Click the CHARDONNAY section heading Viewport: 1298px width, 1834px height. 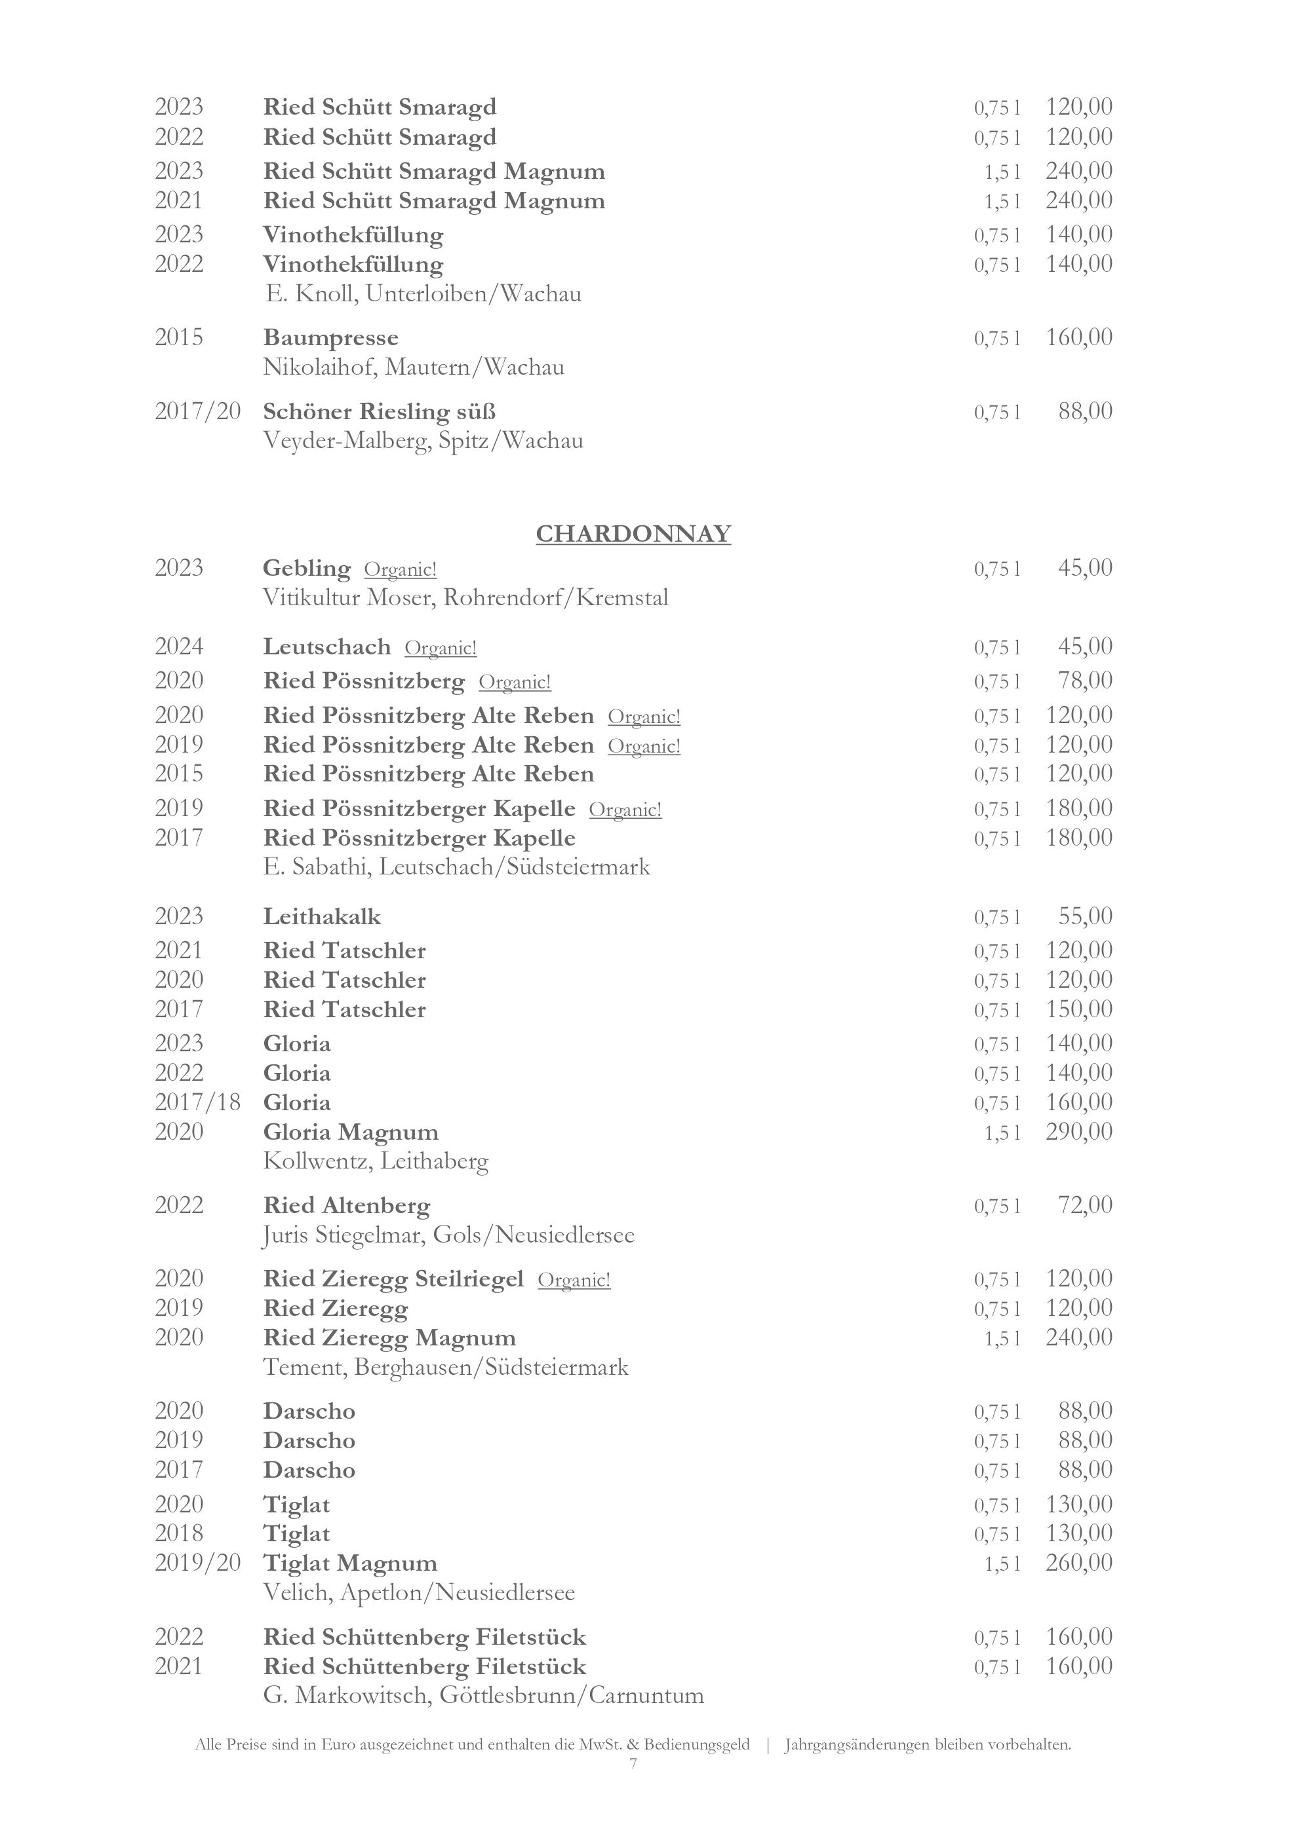click(x=633, y=534)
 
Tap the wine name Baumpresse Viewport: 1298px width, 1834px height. click(x=331, y=338)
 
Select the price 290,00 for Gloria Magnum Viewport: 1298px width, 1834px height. click(x=1078, y=1132)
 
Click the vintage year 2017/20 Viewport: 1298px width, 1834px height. click(x=197, y=411)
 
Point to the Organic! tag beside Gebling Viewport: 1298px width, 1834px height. click(x=401, y=570)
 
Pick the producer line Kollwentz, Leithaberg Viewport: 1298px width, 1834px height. click(x=376, y=1161)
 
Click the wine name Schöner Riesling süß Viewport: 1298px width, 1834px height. click(x=380, y=411)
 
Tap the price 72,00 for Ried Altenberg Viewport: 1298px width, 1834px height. click(x=1084, y=1205)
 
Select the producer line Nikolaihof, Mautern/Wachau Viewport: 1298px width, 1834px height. click(x=414, y=367)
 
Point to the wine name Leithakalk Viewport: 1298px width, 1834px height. click(x=322, y=917)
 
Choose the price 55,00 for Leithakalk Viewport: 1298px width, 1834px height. click(x=1084, y=916)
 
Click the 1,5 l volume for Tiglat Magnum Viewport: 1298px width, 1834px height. click(x=1002, y=1564)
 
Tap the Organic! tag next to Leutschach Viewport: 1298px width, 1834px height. click(x=441, y=648)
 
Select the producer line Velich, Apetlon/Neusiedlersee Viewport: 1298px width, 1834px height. click(x=419, y=1593)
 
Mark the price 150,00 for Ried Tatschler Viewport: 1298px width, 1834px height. click(x=1078, y=1009)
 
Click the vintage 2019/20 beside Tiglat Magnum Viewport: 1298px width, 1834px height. click(x=197, y=1563)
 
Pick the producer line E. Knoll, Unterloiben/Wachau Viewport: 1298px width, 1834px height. click(x=423, y=294)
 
